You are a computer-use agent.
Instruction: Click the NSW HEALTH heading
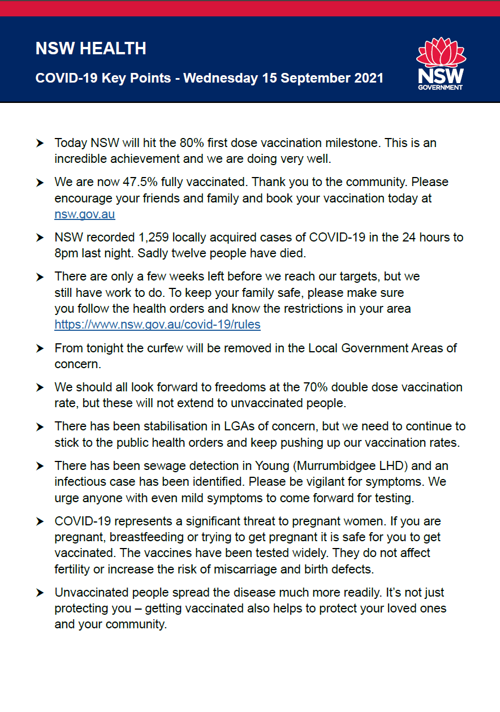(x=90, y=49)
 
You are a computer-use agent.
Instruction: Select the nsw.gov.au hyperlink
(x=85, y=214)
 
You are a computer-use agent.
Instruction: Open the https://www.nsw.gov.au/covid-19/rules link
(x=157, y=325)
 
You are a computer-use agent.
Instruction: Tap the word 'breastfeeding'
(x=146, y=537)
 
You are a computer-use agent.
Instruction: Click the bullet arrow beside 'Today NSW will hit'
(x=40, y=144)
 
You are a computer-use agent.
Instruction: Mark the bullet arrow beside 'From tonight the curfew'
(x=40, y=348)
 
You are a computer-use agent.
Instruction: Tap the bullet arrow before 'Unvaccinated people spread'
(x=40, y=593)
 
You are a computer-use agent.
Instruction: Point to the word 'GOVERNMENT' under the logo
(x=440, y=87)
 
